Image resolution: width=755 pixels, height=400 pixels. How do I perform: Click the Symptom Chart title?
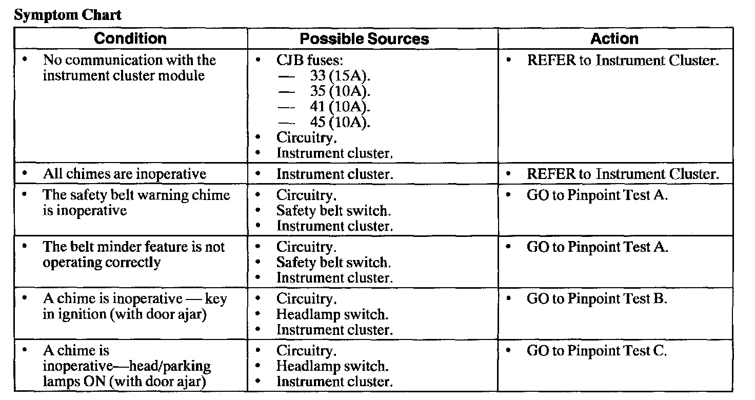point(68,15)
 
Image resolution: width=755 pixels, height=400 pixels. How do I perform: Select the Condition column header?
point(131,38)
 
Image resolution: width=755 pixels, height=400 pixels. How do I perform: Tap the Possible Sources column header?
point(364,39)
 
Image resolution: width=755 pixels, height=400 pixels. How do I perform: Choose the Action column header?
point(614,38)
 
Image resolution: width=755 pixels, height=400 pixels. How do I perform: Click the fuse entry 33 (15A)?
point(340,76)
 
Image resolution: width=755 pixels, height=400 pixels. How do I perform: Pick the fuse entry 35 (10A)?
point(340,91)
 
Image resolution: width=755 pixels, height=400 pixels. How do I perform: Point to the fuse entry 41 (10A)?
point(340,107)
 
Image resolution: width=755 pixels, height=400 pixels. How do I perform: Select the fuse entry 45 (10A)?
point(340,122)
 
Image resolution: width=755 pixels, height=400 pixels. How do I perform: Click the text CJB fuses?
point(306,61)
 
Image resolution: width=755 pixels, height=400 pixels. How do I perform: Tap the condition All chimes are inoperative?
point(124,174)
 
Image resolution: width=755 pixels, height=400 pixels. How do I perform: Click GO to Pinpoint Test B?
point(597,299)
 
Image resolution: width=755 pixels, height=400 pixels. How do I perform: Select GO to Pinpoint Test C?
point(597,351)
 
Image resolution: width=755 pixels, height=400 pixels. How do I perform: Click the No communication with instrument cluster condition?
point(129,68)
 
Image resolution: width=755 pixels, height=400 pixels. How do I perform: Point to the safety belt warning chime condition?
point(136,203)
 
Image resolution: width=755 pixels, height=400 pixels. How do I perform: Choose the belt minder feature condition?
point(133,255)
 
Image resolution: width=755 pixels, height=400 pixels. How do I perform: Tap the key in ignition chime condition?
point(134,306)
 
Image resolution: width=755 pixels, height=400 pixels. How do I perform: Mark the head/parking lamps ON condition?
point(127,366)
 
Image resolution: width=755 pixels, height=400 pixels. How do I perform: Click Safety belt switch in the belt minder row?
point(333,263)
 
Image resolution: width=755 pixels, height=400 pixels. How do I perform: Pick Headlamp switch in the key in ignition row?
point(332,314)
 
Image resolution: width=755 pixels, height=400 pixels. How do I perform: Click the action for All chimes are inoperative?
point(623,174)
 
